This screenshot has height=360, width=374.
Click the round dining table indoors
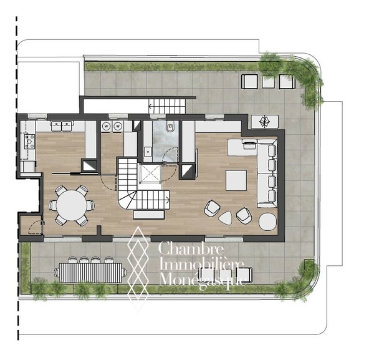tap(72, 205)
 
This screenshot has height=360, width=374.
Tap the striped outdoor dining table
tap(90, 273)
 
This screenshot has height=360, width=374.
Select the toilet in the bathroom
tap(170, 128)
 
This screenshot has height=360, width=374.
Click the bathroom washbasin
tap(148, 151)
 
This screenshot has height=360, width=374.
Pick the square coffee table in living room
tap(236, 180)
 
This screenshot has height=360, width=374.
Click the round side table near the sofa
tap(268, 221)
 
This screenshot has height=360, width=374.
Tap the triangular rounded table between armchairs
tap(226, 218)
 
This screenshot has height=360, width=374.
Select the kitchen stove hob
tap(30, 142)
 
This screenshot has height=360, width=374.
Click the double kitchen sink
tap(62, 125)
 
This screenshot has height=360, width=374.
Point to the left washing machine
tap(106, 126)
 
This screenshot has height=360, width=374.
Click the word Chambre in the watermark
tap(191, 248)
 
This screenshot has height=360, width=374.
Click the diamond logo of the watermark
tap(138, 268)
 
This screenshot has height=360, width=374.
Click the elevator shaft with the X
tap(150, 173)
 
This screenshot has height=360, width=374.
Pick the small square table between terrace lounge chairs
tap(268, 82)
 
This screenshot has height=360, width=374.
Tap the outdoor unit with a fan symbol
tap(264, 122)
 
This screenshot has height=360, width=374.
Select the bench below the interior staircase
tap(149, 215)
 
